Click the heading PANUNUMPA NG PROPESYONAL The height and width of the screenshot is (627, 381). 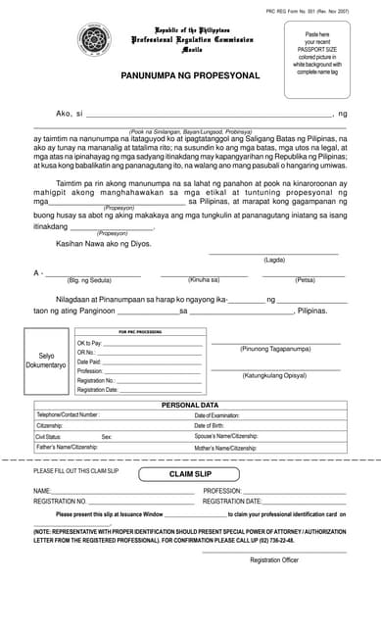pos(190,74)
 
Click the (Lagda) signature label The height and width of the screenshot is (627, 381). pos(274,260)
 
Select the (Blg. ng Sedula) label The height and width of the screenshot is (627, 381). pos(85,280)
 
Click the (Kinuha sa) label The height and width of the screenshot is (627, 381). pos(204,280)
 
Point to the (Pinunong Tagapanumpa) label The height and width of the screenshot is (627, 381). pos(274,348)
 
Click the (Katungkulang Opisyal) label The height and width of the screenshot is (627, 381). pos(274,375)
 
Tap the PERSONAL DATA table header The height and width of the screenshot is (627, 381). pos(189,405)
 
